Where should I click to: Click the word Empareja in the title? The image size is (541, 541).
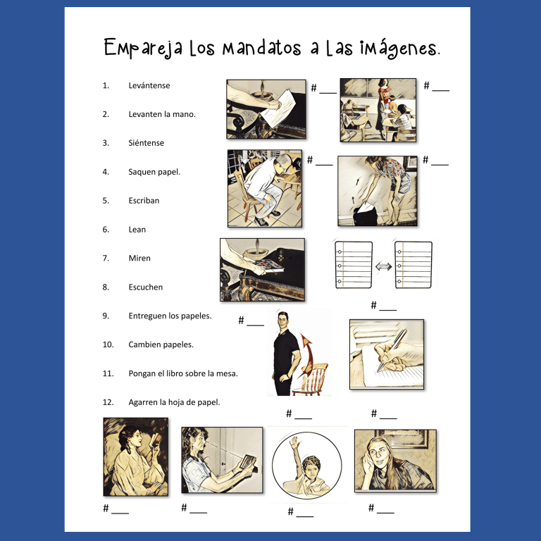coord(144,48)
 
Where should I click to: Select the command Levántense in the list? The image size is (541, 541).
coord(149,85)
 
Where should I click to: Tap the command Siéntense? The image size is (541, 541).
coord(146,143)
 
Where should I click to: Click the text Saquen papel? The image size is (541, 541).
coord(154,172)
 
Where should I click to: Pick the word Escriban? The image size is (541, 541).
coord(144,201)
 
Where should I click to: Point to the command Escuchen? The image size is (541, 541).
coord(145,287)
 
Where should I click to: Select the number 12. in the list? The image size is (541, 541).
coord(108,402)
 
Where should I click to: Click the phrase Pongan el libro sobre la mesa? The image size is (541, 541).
coord(182,373)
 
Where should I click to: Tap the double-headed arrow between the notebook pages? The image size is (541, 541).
coord(383,266)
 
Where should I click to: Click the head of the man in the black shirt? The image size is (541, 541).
coord(284,321)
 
